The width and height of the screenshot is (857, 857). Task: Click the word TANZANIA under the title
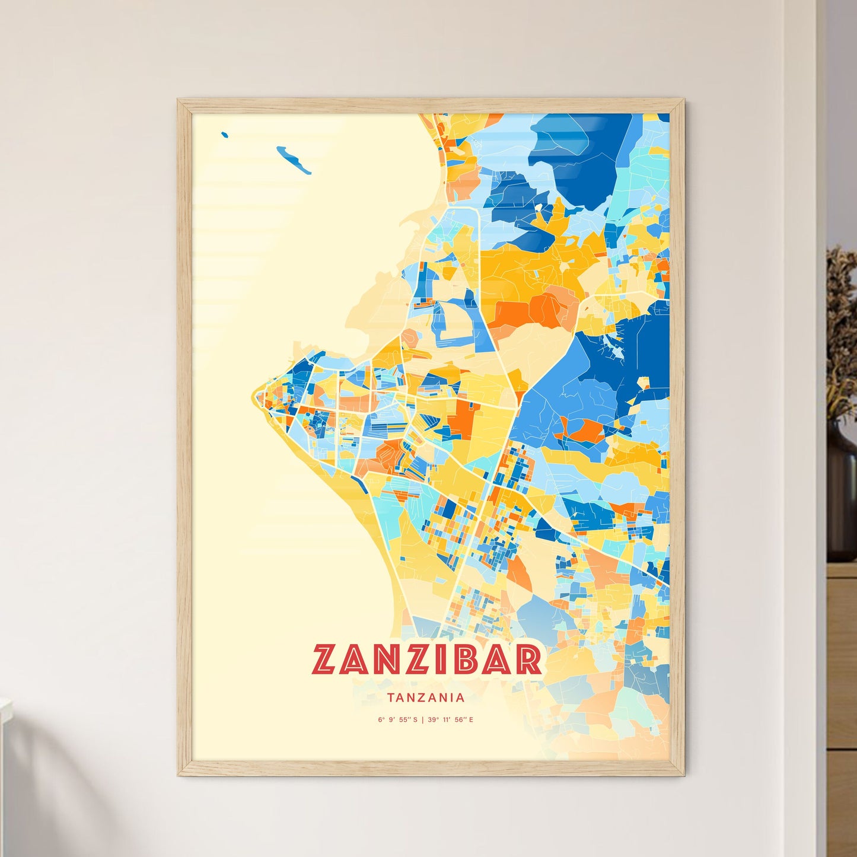pos(426,698)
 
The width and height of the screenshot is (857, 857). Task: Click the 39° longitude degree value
pos(432,720)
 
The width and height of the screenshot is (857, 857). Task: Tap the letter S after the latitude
pos(415,720)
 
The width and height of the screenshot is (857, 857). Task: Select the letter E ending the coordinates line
pos(471,720)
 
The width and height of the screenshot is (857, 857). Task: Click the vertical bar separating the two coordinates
pos(422,720)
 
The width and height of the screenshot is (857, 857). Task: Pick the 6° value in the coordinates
pos(380,720)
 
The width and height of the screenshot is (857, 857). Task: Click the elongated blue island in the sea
pos(294,160)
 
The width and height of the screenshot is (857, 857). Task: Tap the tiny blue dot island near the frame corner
pos(224,135)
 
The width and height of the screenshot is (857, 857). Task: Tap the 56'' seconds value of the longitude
pos(460,720)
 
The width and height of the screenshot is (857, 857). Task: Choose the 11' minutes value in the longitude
pos(446,720)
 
